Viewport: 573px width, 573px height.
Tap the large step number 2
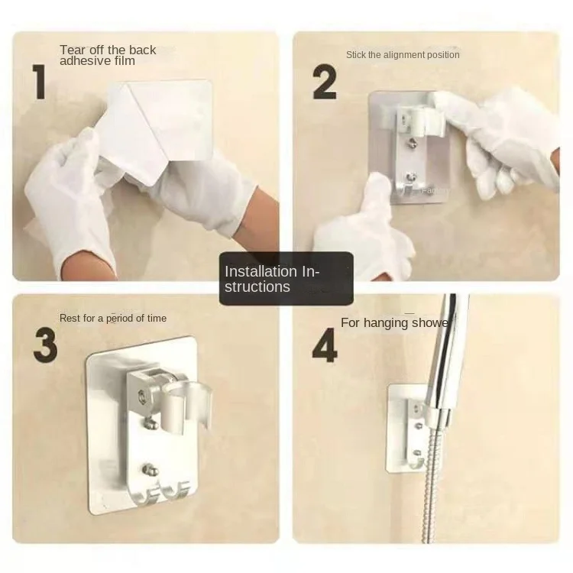(x=325, y=82)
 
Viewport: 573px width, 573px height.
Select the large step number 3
(x=45, y=345)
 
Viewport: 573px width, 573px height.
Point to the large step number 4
(x=325, y=345)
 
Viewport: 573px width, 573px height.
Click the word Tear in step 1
(x=73, y=50)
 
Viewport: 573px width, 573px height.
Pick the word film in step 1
(x=125, y=60)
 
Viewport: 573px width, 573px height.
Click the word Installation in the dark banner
(x=261, y=271)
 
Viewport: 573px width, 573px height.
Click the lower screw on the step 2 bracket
(x=412, y=177)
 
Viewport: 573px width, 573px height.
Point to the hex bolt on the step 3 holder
(x=141, y=396)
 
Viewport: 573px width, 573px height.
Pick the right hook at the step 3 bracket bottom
(x=176, y=490)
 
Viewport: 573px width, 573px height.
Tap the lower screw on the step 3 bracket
(x=148, y=470)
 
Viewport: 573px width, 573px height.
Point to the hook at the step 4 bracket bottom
(x=416, y=462)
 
